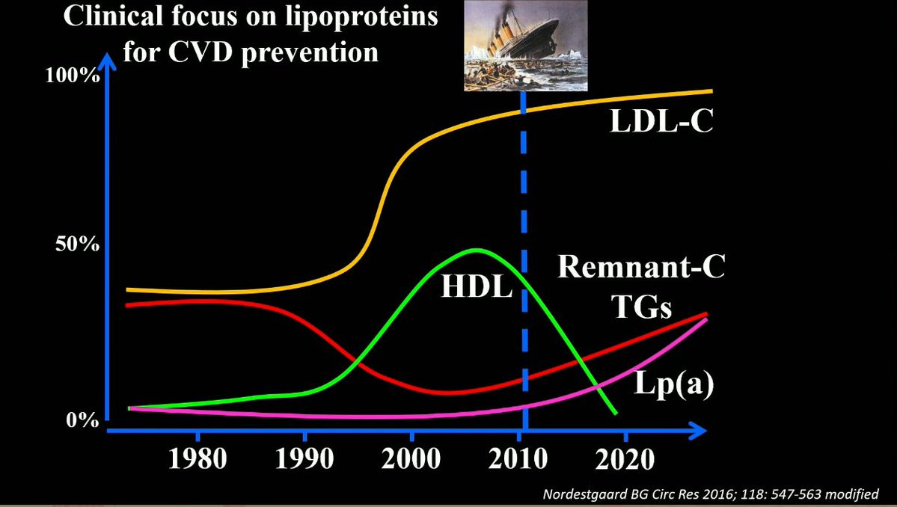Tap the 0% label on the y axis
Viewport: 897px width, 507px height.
coord(83,420)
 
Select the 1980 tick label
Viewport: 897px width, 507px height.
coord(198,458)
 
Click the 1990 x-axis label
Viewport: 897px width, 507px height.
coord(305,458)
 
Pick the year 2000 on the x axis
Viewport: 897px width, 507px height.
coord(413,458)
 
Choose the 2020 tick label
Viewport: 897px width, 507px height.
coord(625,458)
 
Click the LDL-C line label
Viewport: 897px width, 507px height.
coord(661,121)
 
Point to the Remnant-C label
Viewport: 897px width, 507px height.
coord(641,267)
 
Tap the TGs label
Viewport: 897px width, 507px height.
coord(641,306)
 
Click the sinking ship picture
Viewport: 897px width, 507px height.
coord(526,46)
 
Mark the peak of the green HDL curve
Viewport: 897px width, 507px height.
coord(477,250)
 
